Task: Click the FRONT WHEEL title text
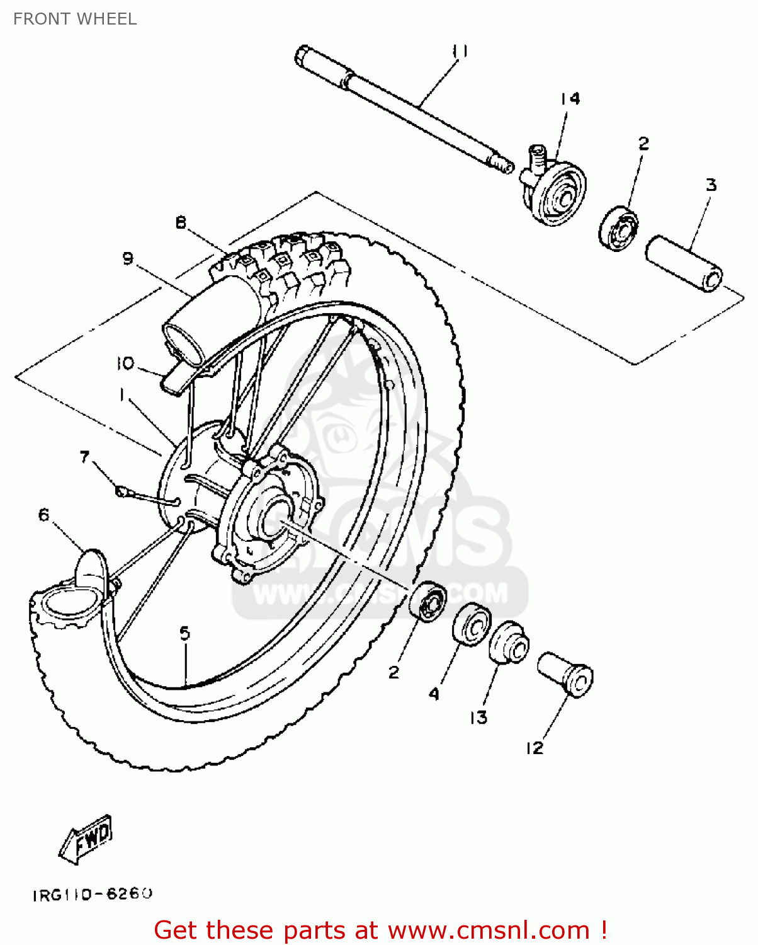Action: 75,19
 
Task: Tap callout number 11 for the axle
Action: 460,52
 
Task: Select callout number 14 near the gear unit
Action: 570,99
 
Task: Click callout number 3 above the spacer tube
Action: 711,185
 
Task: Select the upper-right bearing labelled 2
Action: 618,226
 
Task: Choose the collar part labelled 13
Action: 509,643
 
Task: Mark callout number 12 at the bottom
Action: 535,748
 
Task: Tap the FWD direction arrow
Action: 86,839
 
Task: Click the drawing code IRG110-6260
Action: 93,894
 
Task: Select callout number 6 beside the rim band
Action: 43,515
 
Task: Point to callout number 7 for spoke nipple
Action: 85,457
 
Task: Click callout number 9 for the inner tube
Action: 128,258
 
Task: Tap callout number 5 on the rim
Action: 184,633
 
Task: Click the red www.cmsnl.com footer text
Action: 380,931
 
